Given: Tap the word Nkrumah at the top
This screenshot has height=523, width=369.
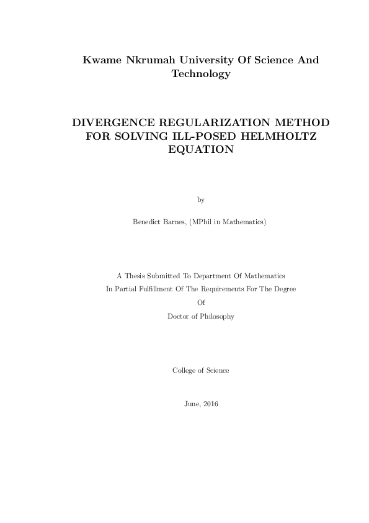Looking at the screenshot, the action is pyautogui.click(x=150, y=60).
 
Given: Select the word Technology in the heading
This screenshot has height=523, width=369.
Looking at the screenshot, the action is pyautogui.click(x=200, y=74).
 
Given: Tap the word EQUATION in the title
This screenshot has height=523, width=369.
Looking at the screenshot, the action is pyautogui.click(x=200, y=150).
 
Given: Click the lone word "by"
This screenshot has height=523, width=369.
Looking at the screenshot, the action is pyautogui.click(x=200, y=200).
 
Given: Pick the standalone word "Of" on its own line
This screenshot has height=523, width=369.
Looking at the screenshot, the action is pyautogui.click(x=200, y=302).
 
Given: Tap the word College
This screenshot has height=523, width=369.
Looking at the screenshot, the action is pyautogui.click(x=184, y=370).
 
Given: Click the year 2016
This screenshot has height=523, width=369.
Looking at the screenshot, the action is pyautogui.click(x=209, y=404).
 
